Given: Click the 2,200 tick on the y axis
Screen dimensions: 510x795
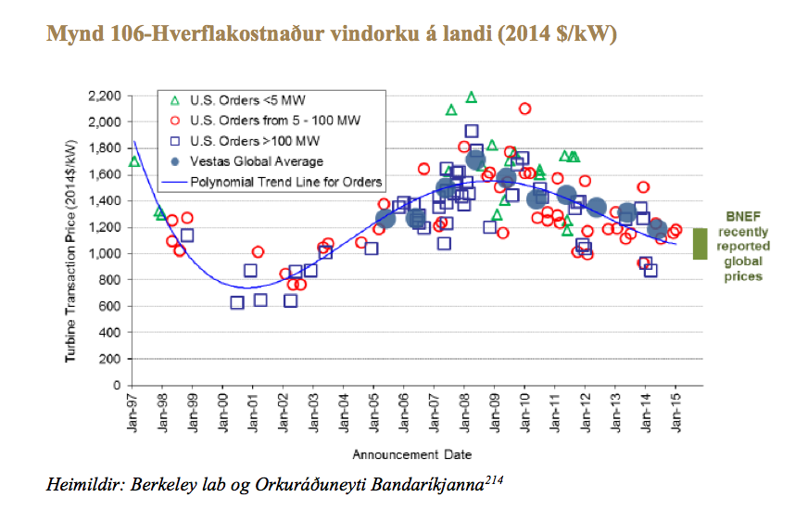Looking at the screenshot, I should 104,96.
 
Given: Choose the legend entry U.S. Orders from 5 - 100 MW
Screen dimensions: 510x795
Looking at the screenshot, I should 262,121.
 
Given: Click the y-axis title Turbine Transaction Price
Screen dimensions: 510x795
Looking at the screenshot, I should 70,241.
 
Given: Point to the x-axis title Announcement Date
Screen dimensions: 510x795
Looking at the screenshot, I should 411,454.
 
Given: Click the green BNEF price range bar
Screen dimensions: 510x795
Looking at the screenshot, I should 700,243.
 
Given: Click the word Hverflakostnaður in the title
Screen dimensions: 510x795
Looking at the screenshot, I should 196,35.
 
